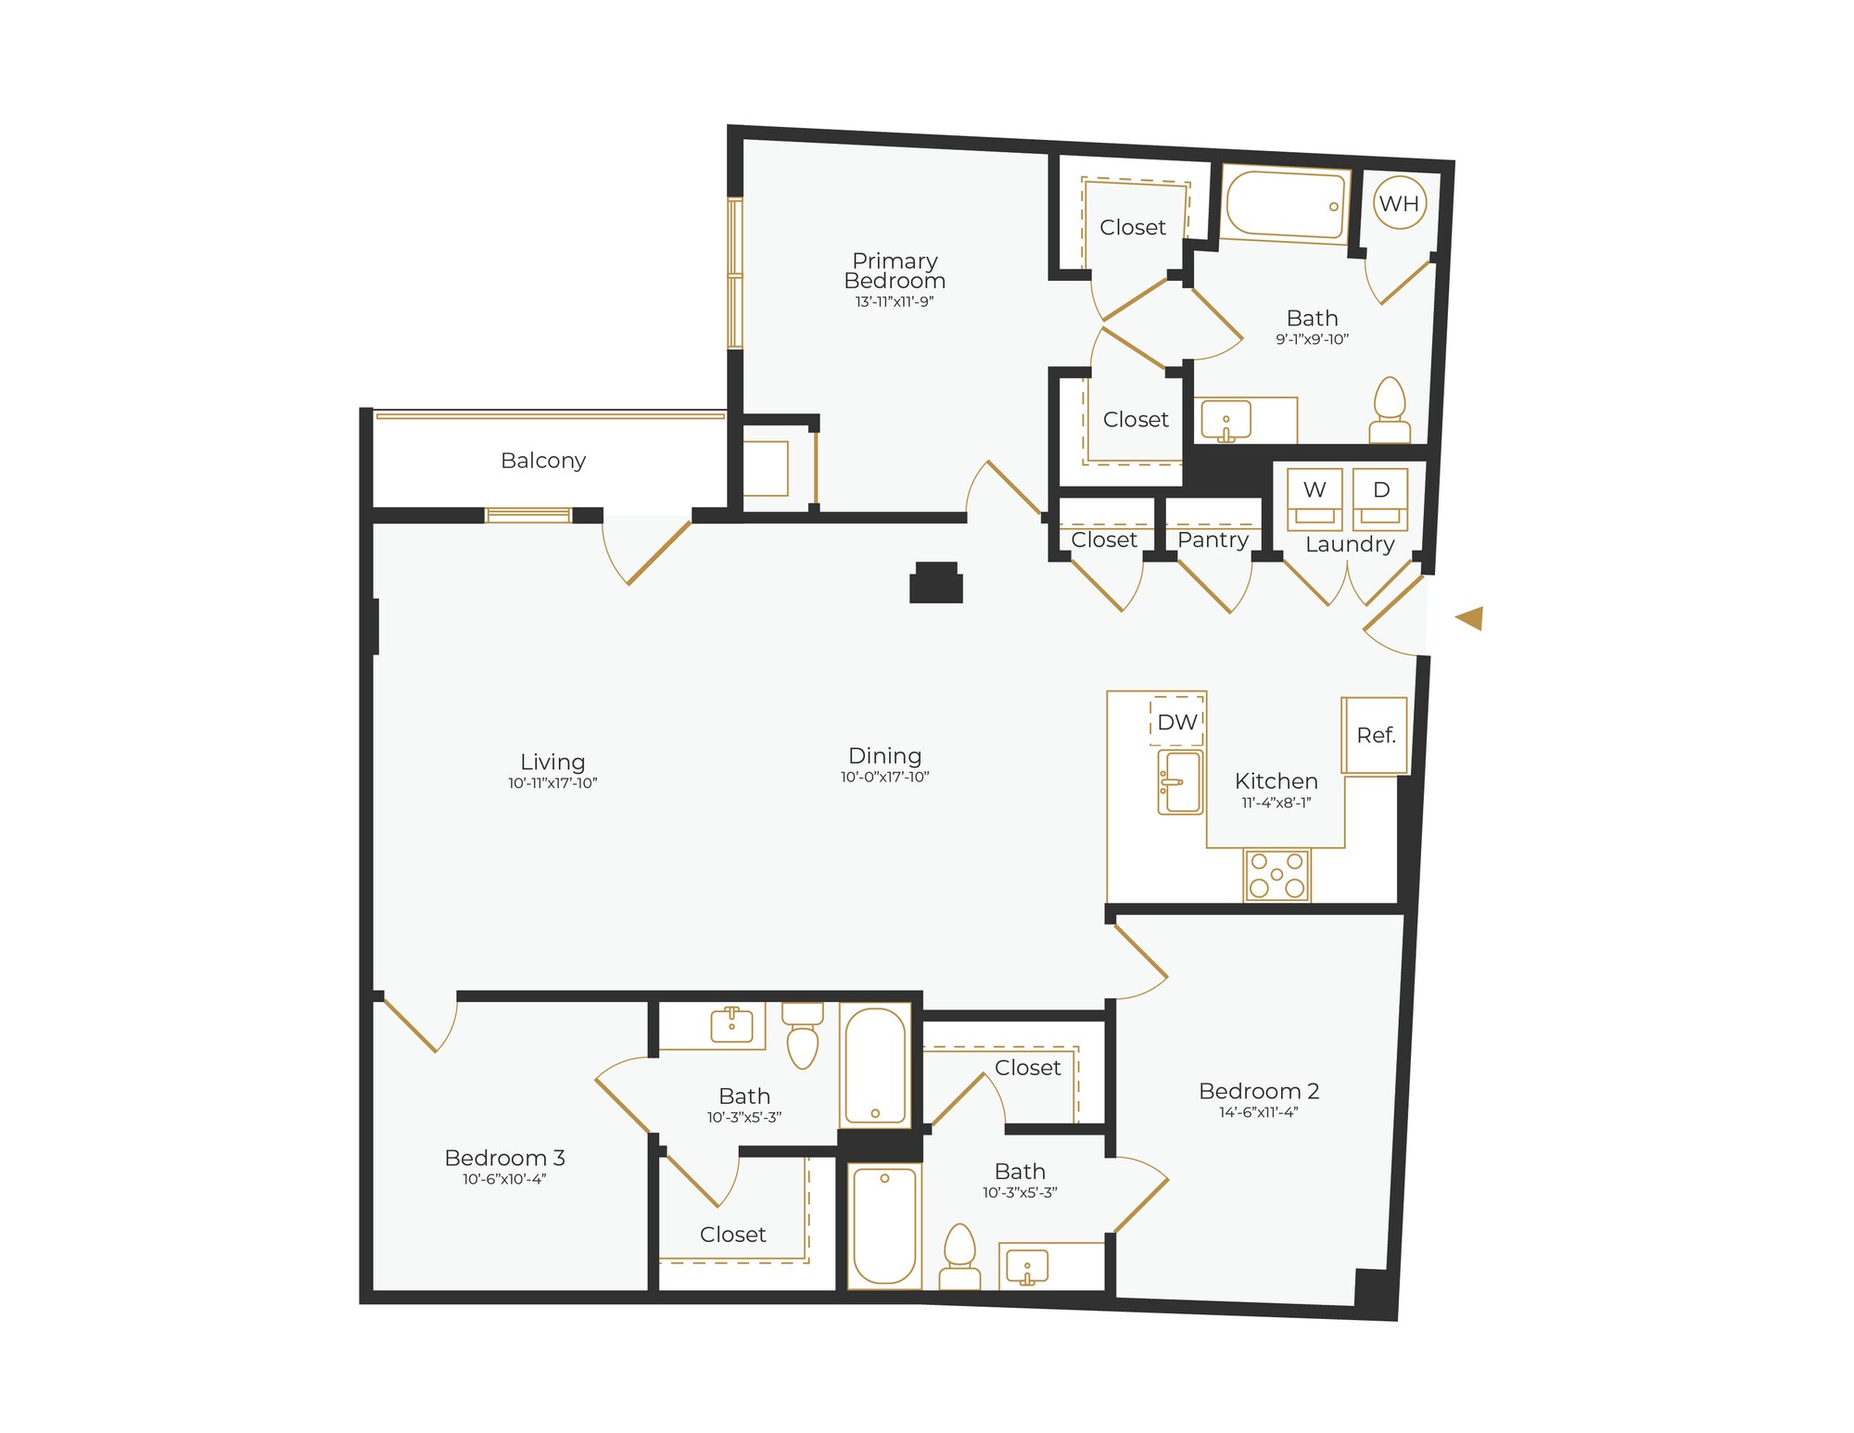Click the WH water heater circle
pyautogui.click(x=1399, y=204)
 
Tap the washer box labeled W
pyautogui.click(x=1314, y=499)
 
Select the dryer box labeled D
pyautogui.click(x=1380, y=499)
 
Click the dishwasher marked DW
pyautogui.click(x=1177, y=722)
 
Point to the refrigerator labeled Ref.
pyautogui.click(x=1376, y=735)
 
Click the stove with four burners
pyautogui.click(x=1276, y=875)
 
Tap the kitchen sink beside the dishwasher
pyautogui.click(x=1180, y=782)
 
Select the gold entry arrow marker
pyautogui.click(x=1470, y=618)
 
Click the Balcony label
pyautogui.click(x=543, y=461)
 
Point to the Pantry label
pyautogui.click(x=1213, y=539)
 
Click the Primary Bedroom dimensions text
pyautogui.click(x=894, y=302)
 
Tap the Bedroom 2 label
pyautogui.click(x=1258, y=1091)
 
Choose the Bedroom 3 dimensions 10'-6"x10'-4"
pyautogui.click(x=504, y=1179)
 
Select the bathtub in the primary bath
pyautogui.click(x=1285, y=206)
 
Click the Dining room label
pyautogui.click(x=884, y=755)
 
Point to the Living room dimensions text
pyautogui.click(x=552, y=783)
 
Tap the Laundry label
pyautogui.click(x=1350, y=544)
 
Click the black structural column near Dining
pyautogui.click(x=936, y=584)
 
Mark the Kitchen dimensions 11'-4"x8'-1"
pyautogui.click(x=1276, y=803)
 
